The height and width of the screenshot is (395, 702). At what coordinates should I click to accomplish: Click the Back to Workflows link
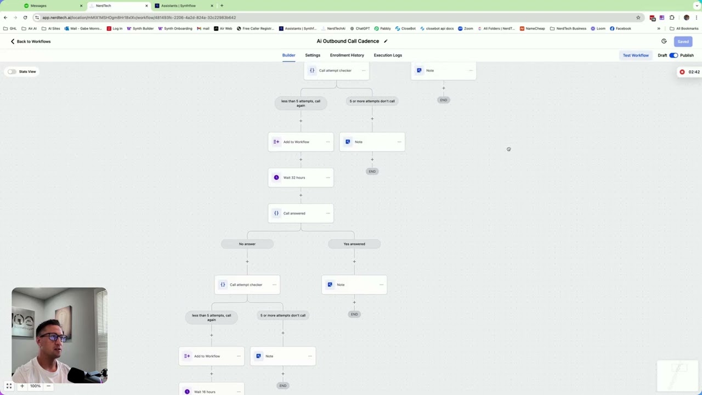(x=31, y=42)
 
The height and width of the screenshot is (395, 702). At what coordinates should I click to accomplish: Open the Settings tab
(x=313, y=55)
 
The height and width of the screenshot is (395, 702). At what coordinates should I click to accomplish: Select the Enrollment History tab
(x=347, y=55)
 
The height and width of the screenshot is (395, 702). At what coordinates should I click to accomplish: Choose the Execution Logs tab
(x=388, y=55)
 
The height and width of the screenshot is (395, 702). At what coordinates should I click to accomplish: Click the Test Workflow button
(x=636, y=55)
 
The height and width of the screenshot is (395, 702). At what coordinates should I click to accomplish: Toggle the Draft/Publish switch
(x=673, y=55)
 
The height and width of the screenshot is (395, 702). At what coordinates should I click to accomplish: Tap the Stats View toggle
(x=12, y=72)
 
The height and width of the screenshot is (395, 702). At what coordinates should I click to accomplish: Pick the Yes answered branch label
(x=354, y=244)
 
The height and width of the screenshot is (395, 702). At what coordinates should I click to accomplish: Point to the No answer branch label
(x=247, y=244)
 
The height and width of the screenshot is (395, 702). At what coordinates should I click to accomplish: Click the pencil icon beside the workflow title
(x=386, y=41)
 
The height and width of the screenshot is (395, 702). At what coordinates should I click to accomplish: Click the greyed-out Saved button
(x=683, y=42)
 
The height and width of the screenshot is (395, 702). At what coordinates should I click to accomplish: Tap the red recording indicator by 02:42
(x=682, y=72)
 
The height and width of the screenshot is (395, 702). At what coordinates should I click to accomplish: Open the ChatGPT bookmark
(x=360, y=29)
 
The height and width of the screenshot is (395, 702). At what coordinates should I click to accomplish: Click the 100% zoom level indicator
(x=35, y=386)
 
